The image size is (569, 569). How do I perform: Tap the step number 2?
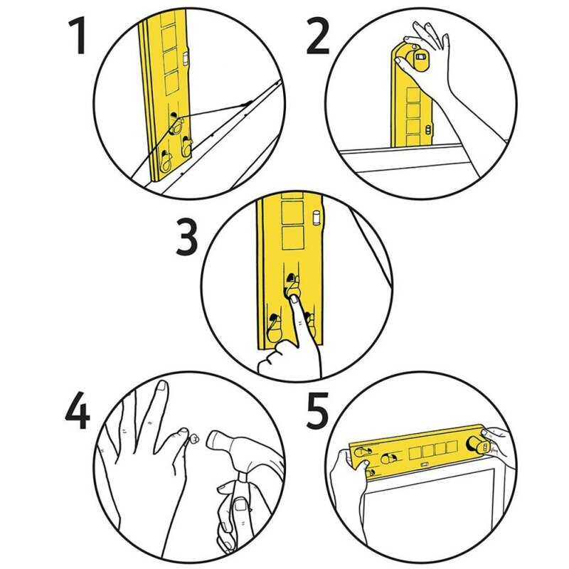click(317, 37)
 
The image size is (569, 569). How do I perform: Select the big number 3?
click(186, 240)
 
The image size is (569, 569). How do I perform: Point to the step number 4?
click(77, 411)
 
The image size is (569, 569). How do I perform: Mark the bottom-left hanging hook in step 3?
click(273, 331)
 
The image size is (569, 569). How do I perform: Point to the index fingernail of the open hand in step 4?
click(163, 387)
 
